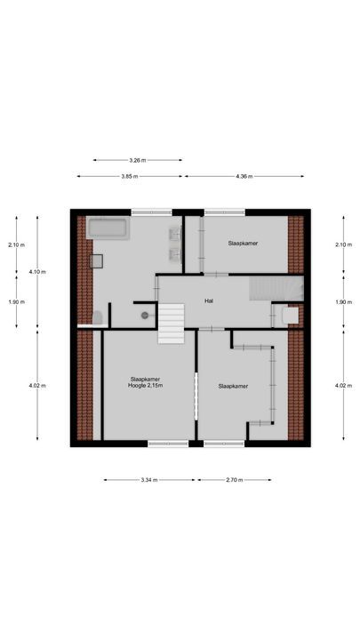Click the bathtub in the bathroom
[x=108, y=228]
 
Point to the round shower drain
[x=144, y=316]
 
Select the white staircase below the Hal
[x=171, y=323]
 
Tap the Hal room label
[x=209, y=301]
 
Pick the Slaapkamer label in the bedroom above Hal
[x=242, y=243]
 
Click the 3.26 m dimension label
[x=137, y=161]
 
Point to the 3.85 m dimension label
[x=132, y=177]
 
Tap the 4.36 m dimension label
[x=244, y=177]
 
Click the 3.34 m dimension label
[x=148, y=480]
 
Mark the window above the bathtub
[x=151, y=212]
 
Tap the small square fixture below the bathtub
[x=96, y=261]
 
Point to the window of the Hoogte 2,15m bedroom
[x=168, y=444]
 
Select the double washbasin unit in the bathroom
[x=176, y=245]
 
